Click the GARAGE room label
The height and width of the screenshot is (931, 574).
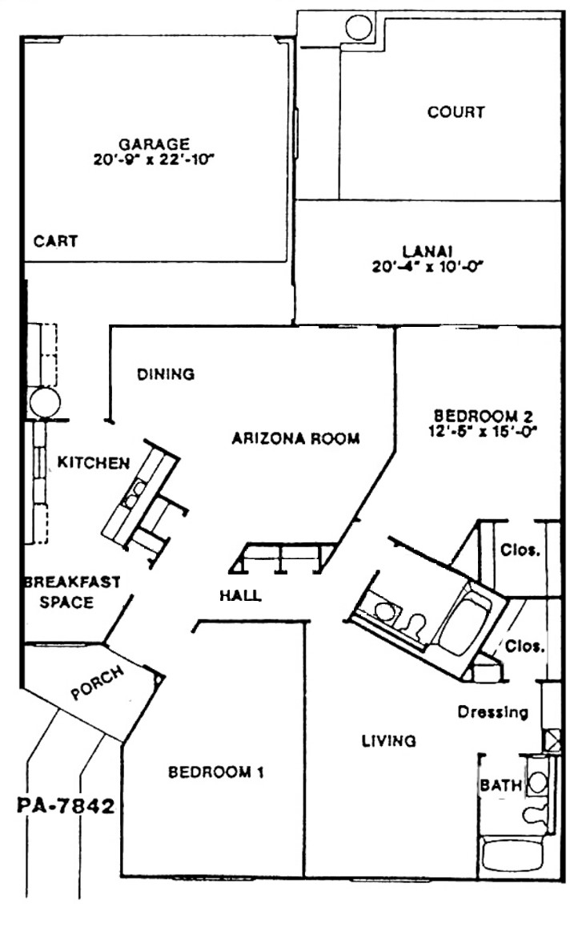(155, 143)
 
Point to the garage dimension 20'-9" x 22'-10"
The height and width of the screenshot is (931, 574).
(154, 159)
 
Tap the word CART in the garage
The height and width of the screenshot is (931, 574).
(56, 241)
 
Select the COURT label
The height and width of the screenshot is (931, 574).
(456, 111)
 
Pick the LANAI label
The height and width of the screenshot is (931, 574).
(427, 252)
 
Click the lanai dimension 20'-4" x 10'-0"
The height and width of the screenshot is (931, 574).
(427, 267)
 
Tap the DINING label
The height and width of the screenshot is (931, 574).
(166, 374)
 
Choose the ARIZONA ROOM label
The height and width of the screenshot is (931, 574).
(296, 439)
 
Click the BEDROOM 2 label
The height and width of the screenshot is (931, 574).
(484, 416)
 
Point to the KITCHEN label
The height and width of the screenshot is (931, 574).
(94, 462)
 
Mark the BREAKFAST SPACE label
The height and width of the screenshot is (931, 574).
(71, 592)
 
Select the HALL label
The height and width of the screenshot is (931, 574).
(240, 595)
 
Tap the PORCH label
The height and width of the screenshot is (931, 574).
(98, 683)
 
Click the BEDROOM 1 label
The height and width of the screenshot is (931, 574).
(216, 772)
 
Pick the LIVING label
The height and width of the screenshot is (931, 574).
(389, 740)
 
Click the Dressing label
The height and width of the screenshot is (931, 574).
(493, 712)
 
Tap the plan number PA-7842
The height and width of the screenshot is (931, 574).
(66, 806)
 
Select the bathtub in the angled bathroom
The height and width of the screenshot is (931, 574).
(465, 620)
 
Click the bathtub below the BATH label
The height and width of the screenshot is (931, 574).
(513, 854)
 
